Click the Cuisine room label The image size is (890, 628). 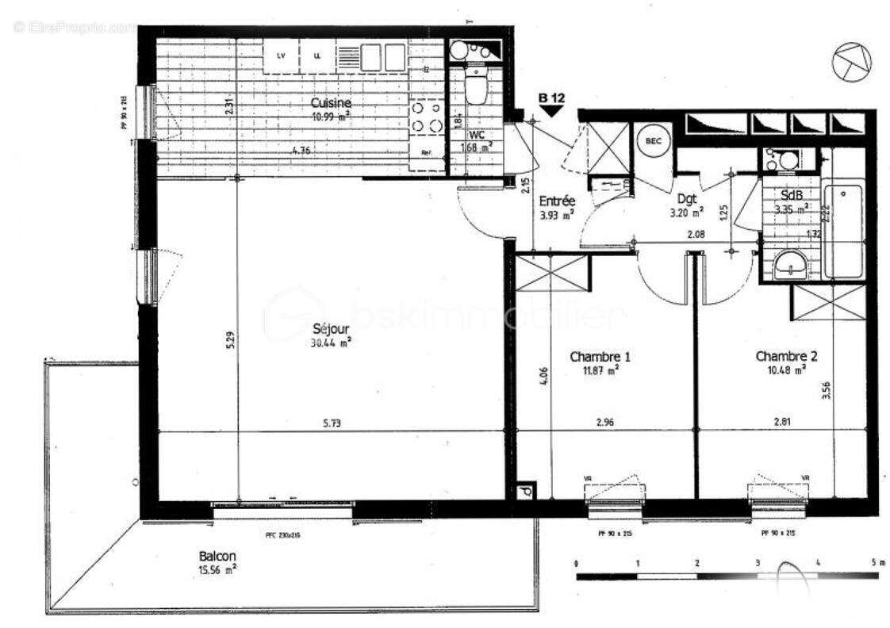tap(331, 103)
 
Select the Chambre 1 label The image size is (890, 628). tap(595, 357)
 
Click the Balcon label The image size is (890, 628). tap(218, 557)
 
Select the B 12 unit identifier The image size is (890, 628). tap(551, 98)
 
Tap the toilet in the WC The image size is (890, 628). tap(476, 88)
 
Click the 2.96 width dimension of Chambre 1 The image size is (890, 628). tap(606, 423)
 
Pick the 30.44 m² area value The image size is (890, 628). tap(332, 343)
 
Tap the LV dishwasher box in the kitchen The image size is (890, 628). tap(281, 56)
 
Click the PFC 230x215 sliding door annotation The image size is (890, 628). tap(282, 535)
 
